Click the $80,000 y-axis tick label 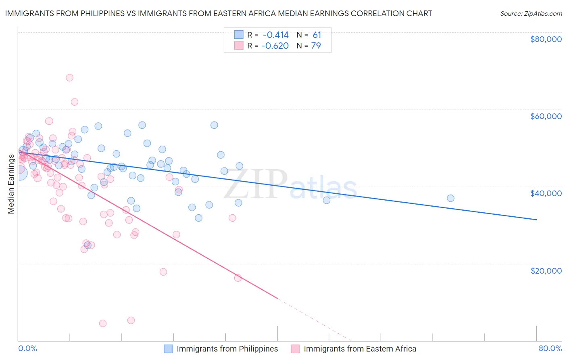click(546, 39)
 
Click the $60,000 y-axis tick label click(546, 116)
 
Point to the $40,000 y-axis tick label click(546, 193)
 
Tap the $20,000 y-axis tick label click(546, 270)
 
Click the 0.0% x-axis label click(27, 348)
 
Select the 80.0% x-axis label click(550, 348)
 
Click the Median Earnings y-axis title click(11, 184)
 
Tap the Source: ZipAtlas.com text click(531, 13)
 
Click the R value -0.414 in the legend click(275, 35)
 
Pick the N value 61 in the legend click(317, 35)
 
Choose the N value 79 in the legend click(316, 46)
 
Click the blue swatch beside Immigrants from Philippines click(169, 349)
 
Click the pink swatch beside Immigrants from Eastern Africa click(296, 349)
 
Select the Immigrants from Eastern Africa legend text click(360, 349)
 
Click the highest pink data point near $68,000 click(69, 77)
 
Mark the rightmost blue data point click(450, 198)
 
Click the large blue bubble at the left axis click(20, 173)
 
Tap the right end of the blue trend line click(536, 220)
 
